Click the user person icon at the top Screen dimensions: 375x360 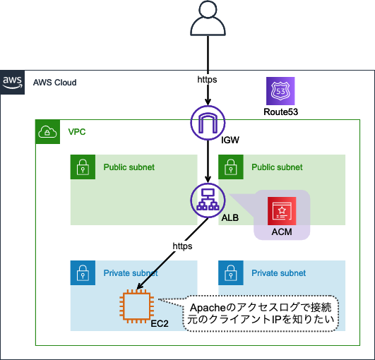point(208,18)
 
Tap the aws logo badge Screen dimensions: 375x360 point(12,82)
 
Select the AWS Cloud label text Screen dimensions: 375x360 point(55,83)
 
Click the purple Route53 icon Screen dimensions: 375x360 point(280,91)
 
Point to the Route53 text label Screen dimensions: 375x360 point(281,112)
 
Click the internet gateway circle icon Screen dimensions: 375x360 point(208,123)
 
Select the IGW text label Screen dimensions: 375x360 point(230,140)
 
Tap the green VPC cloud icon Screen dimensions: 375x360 point(47,132)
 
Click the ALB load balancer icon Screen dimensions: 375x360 point(208,200)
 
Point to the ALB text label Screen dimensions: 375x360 point(230,218)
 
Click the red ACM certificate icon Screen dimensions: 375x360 point(282,211)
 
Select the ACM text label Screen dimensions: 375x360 point(282,232)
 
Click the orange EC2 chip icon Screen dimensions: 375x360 point(137,306)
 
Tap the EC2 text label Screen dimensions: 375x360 point(160,324)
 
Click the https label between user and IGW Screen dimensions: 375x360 point(207,79)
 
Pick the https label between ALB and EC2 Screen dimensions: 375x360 point(182,246)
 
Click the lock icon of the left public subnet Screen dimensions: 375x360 point(83,167)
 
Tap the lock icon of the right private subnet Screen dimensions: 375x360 point(231,272)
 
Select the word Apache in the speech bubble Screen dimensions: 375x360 point(208,308)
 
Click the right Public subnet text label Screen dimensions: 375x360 point(277,167)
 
